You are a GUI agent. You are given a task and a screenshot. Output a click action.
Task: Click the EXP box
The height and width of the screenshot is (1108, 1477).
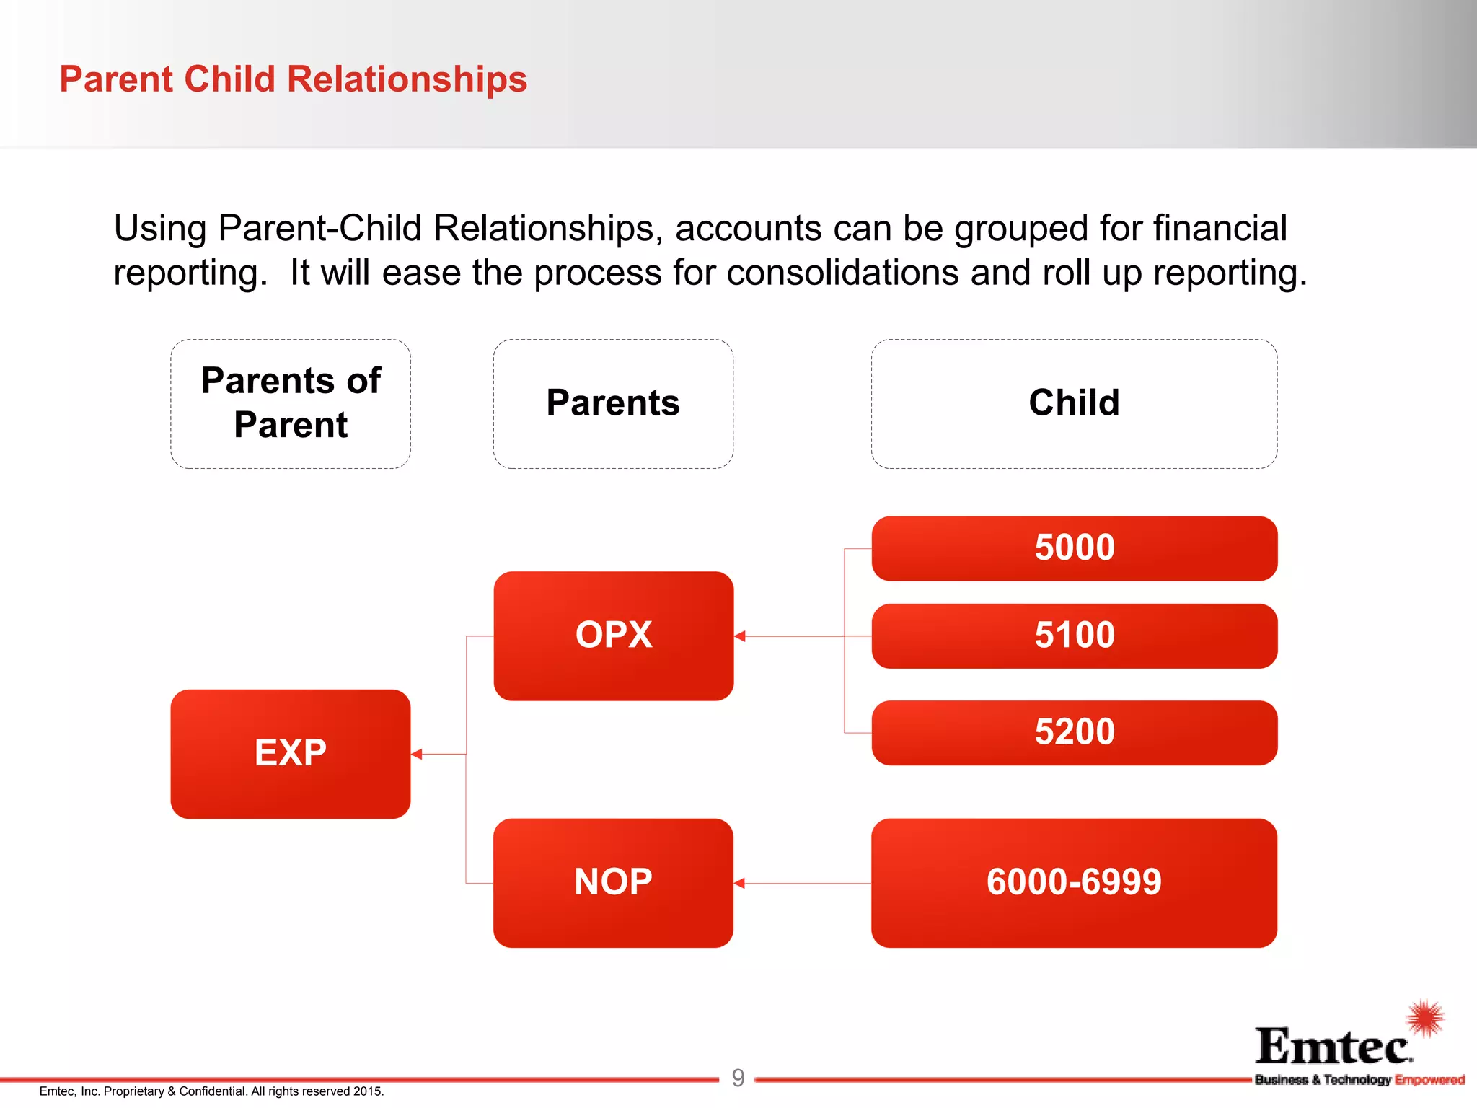pos(290,754)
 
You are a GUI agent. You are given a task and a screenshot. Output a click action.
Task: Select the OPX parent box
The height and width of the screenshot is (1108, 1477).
pos(613,636)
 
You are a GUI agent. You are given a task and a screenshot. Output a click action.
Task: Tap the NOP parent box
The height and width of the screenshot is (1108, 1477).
pos(613,882)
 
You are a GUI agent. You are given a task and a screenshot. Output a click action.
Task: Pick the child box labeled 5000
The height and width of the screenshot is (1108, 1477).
pos(1074,548)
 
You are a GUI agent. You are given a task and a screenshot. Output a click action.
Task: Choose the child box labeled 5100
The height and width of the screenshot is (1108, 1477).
pos(1074,636)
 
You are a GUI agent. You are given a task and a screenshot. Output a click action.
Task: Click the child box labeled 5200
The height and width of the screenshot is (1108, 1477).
pos(1074,732)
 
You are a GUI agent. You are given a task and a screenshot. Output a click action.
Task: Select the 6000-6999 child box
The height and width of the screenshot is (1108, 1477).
pos(1074,882)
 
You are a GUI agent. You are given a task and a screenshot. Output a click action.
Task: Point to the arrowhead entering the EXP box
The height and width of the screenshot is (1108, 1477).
pos(417,754)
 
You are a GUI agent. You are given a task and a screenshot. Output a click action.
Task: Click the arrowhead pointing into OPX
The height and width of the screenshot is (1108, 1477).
pos(740,636)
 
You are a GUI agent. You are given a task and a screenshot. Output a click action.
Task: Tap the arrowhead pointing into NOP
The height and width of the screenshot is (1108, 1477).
pos(740,883)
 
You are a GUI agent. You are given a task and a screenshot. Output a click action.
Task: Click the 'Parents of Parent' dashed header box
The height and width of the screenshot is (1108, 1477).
pos(290,403)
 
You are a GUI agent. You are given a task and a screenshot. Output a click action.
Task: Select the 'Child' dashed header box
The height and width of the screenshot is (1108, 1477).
pos(1074,403)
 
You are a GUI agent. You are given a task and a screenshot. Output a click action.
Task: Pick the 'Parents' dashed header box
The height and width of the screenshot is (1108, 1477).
pos(613,403)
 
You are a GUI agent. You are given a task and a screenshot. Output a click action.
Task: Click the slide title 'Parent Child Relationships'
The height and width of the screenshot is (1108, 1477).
pos(293,79)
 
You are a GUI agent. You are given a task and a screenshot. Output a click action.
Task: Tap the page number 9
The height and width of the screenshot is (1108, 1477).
pos(738,1078)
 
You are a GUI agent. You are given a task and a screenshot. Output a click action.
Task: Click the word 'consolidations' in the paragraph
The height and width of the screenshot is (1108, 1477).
pos(842,273)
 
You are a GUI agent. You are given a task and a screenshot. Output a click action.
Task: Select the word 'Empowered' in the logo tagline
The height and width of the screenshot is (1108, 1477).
pos(1429,1080)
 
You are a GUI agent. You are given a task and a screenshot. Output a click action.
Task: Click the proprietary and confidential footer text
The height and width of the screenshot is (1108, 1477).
pos(211,1091)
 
